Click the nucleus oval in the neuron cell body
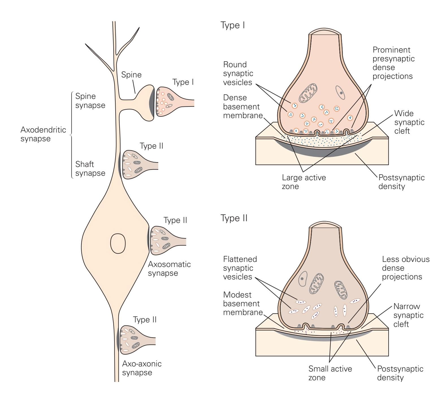click(x=118, y=243)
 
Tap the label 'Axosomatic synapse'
click(x=169, y=269)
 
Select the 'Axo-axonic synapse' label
click(x=142, y=368)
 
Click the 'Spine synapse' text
click(x=90, y=101)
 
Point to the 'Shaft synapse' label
click(x=90, y=169)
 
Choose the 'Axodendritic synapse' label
click(x=43, y=134)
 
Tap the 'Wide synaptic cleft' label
click(x=409, y=122)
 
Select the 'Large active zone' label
click(x=304, y=182)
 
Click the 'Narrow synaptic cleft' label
click(x=408, y=315)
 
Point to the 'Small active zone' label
click(x=330, y=373)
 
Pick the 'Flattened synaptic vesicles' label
click(x=240, y=268)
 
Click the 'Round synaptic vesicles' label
click(x=238, y=73)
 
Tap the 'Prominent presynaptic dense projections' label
click(x=393, y=63)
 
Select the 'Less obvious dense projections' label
click(x=406, y=268)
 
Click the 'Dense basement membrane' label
click(x=243, y=107)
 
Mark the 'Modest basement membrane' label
click(x=243, y=304)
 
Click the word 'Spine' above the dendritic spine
click(x=131, y=75)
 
